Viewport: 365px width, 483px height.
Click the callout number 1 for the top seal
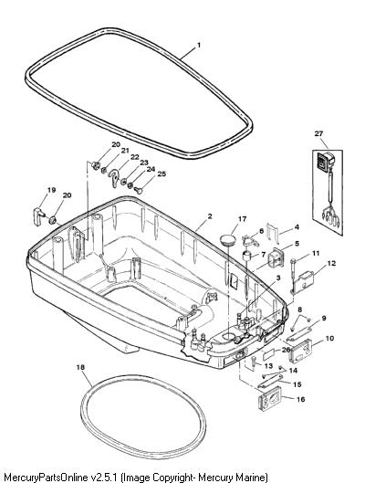(199, 45)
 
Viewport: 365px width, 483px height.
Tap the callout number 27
(318, 133)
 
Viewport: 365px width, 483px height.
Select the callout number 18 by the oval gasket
(80, 367)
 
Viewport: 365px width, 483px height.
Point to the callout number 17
(243, 219)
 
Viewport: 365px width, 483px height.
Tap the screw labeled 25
(139, 190)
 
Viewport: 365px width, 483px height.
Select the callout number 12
(331, 264)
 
